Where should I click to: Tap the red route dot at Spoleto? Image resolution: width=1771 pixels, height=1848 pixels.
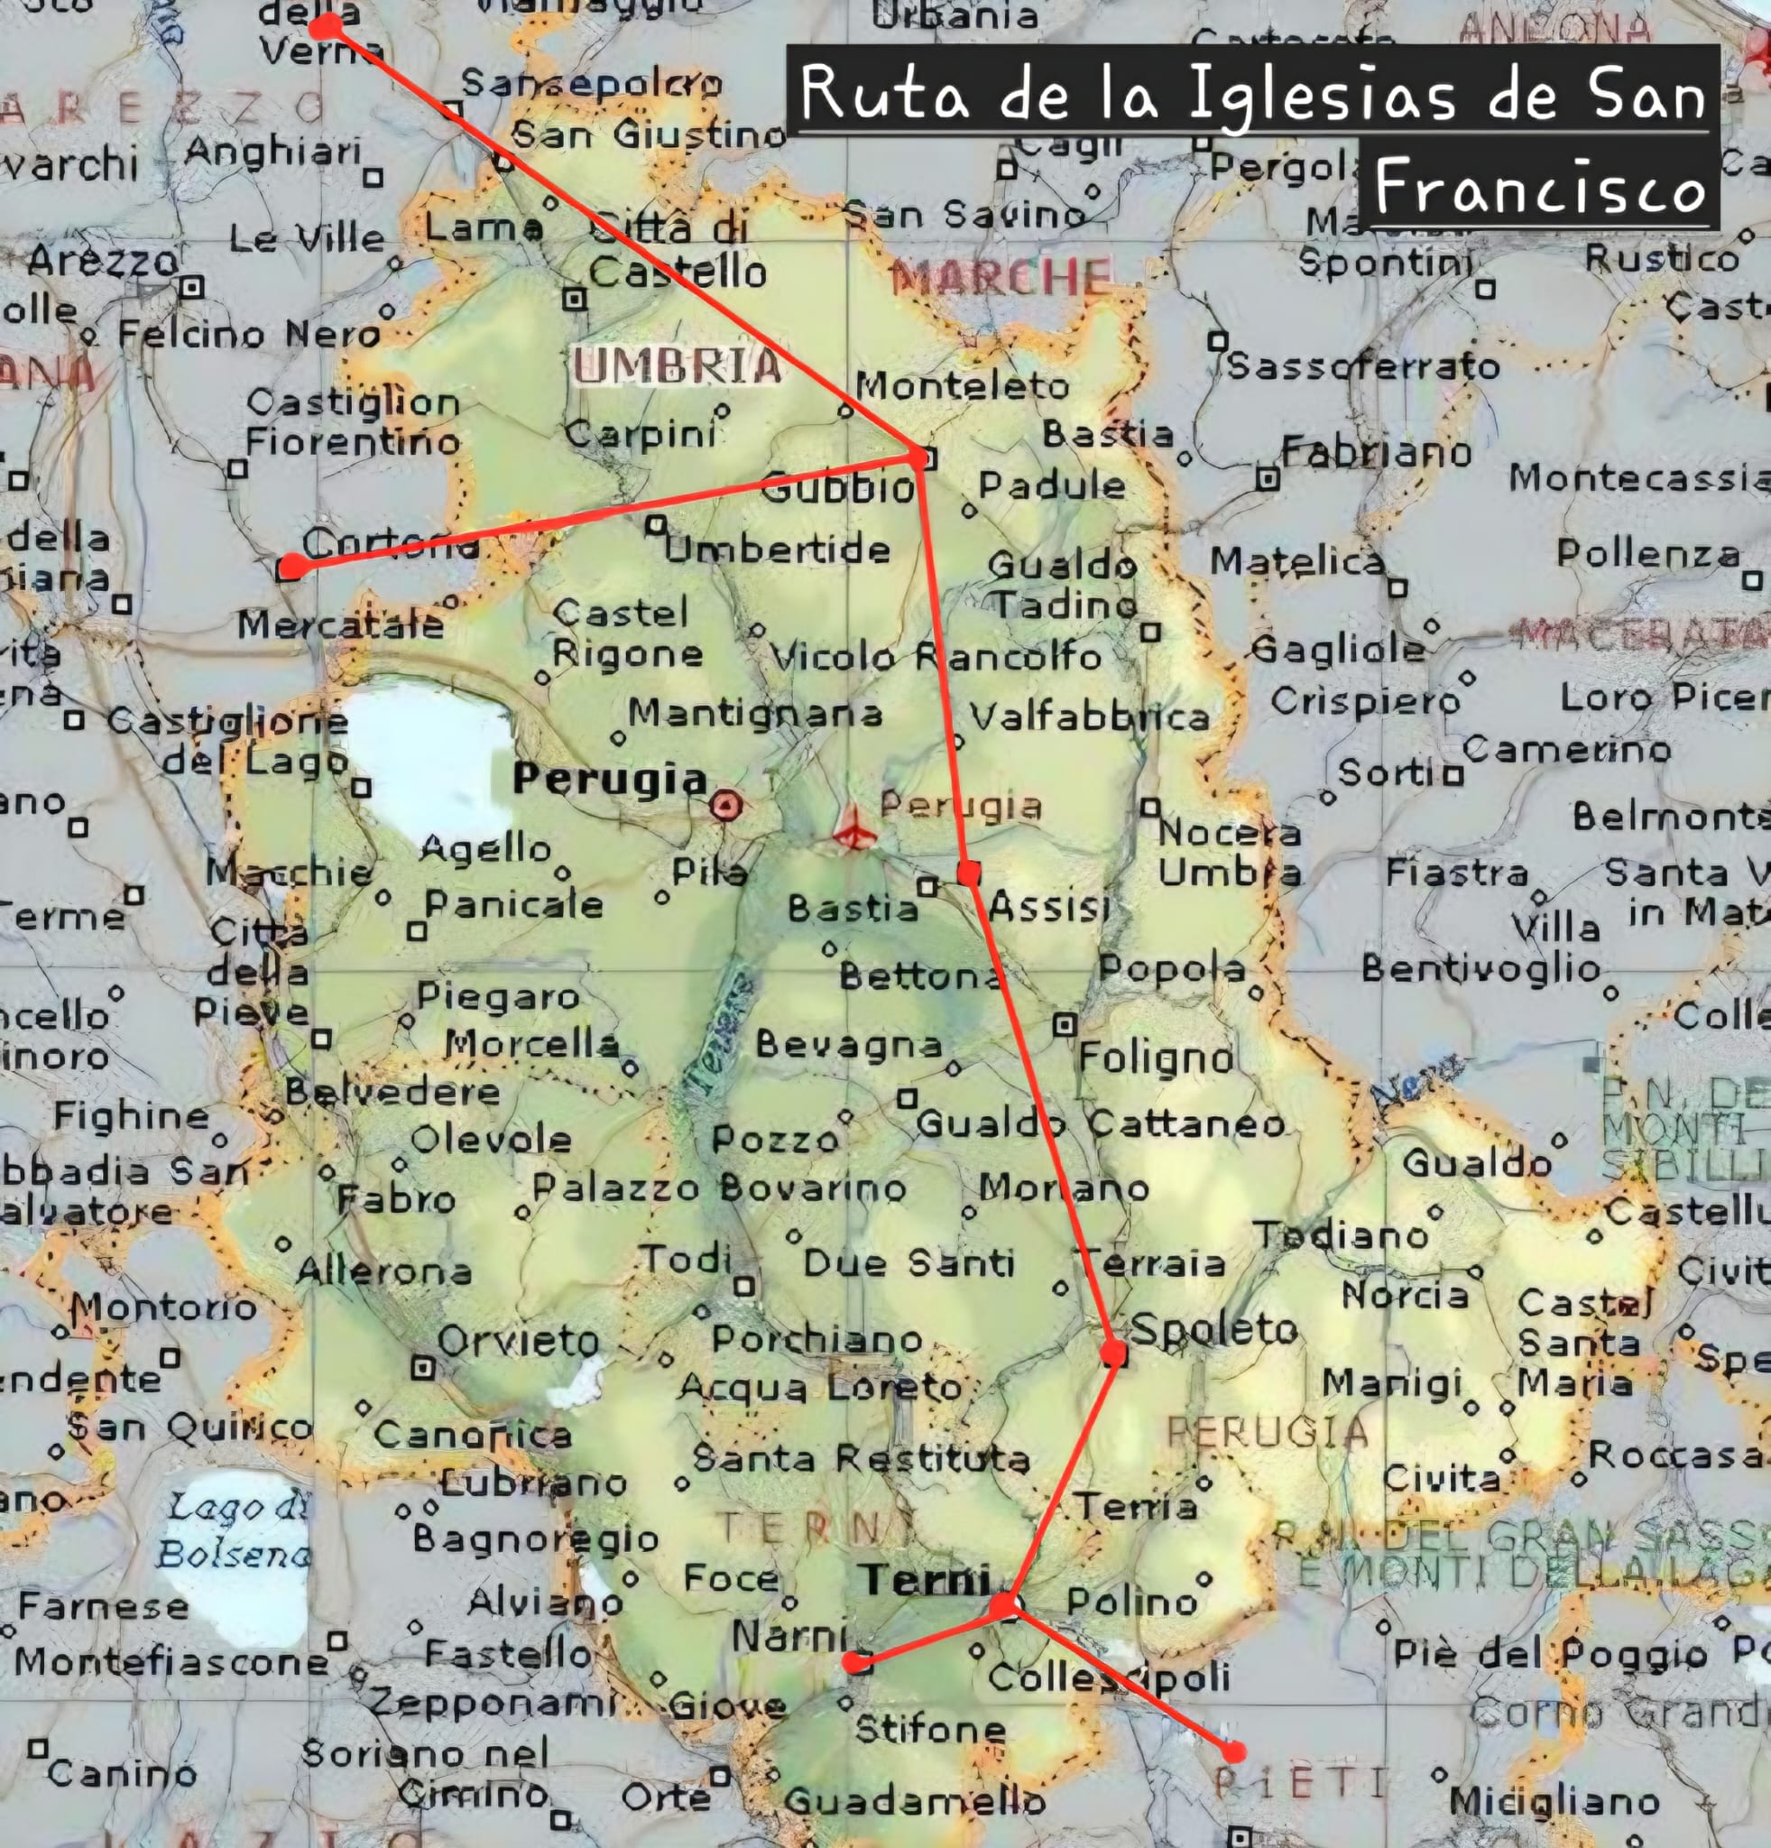tap(1113, 1354)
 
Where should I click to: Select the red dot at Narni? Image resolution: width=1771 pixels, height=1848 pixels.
tap(855, 1662)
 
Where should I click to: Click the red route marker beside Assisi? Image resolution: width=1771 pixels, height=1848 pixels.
tap(968, 873)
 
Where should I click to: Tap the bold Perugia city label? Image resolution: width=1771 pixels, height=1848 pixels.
tap(609, 780)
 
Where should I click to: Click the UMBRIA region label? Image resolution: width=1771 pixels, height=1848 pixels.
tap(677, 365)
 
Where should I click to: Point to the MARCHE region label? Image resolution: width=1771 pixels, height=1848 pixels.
tap(1001, 276)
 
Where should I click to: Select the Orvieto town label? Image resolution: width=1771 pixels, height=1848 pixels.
tap(519, 1341)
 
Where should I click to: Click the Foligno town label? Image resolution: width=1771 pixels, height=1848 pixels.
tap(1156, 1058)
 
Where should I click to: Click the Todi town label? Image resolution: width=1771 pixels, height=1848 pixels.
tap(686, 1258)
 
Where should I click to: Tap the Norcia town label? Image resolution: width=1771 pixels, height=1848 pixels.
tap(1405, 1296)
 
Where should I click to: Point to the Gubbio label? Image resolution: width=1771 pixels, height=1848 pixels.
tap(837, 487)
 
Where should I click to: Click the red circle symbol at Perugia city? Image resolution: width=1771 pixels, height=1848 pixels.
tap(725, 805)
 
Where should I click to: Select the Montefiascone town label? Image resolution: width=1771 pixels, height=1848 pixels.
tap(171, 1660)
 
